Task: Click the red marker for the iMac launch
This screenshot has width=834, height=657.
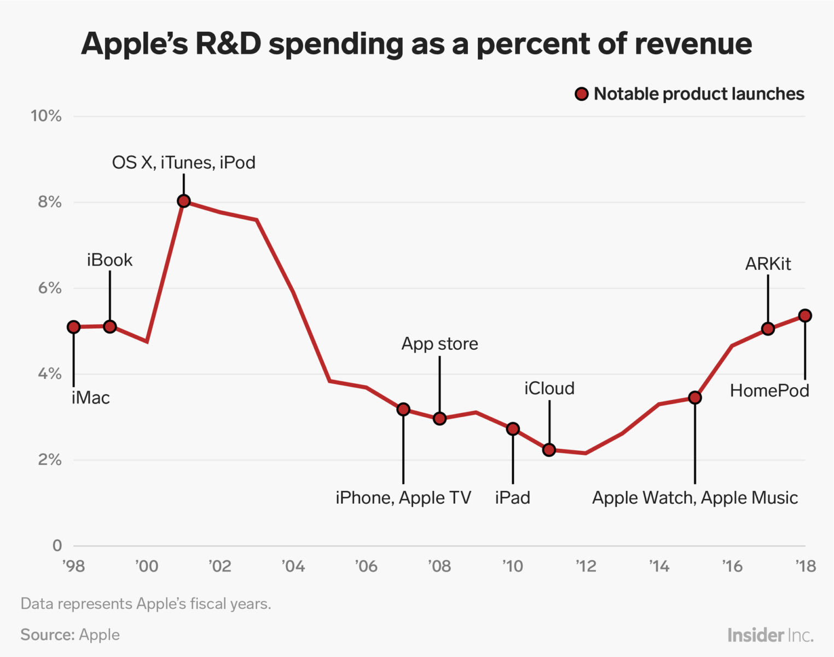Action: pos(73,327)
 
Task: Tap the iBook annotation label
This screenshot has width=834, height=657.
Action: pos(109,260)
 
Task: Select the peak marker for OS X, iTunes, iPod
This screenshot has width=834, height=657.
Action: pos(184,201)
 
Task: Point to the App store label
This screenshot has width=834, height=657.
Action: pos(439,344)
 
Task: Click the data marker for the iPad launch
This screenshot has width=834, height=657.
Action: pos(513,429)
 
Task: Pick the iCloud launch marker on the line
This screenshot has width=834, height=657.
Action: pos(549,449)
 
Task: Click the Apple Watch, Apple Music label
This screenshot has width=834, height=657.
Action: pos(694,498)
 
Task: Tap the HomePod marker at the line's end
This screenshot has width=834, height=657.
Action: pos(804,315)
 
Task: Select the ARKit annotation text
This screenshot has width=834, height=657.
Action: pos(768,264)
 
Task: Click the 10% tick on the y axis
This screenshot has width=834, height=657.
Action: pos(46,116)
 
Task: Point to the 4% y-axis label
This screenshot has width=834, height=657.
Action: pos(49,374)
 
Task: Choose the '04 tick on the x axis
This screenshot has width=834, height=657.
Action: pos(293,566)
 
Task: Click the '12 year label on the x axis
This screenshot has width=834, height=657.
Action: pos(586,566)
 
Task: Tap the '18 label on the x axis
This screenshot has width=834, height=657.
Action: pos(805,566)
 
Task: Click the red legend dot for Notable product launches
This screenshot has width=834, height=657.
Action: pos(581,94)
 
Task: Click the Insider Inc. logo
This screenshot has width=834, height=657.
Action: pos(770,635)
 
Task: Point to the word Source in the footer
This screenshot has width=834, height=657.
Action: pos(47,635)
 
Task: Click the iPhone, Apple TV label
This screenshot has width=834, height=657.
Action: pos(403,498)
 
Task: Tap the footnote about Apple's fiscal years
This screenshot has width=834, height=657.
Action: pos(146,604)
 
